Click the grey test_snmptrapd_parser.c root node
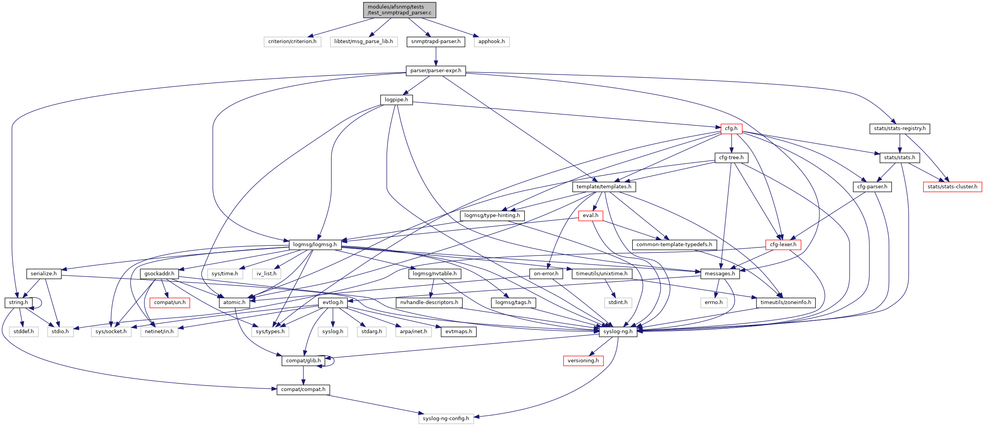pyautogui.click(x=399, y=10)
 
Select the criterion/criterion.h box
pyautogui.click(x=292, y=42)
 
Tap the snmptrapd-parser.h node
pyautogui.click(x=436, y=42)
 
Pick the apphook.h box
pyautogui.click(x=491, y=42)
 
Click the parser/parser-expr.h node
pyautogui.click(x=436, y=71)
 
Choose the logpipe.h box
pyautogui.click(x=396, y=100)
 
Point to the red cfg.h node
pyautogui.click(x=731, y=129)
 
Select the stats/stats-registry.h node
pyautogui.click(x=899, y=129)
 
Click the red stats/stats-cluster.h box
pyautogui.click(x=952, y=187)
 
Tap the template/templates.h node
pyautogui.click(x=604, y=187)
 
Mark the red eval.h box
pyautogui.click(x=590, y=216)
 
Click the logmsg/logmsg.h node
pyautogui.click(x=315, y=245)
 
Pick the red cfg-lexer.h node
pyautogui.click(x=783, y=245)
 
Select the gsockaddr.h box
pyautogui.click(x=159, y=274)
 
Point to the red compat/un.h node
pyautogui.click(x=170, y=303)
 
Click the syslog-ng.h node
pyautogui.click(x=618, y=332)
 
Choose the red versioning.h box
pyautogui.click(x=583, y=361)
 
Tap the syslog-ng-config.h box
pyautogui.click(x=446, y=419)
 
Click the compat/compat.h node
pyautogui.click(x=303, y=389)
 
